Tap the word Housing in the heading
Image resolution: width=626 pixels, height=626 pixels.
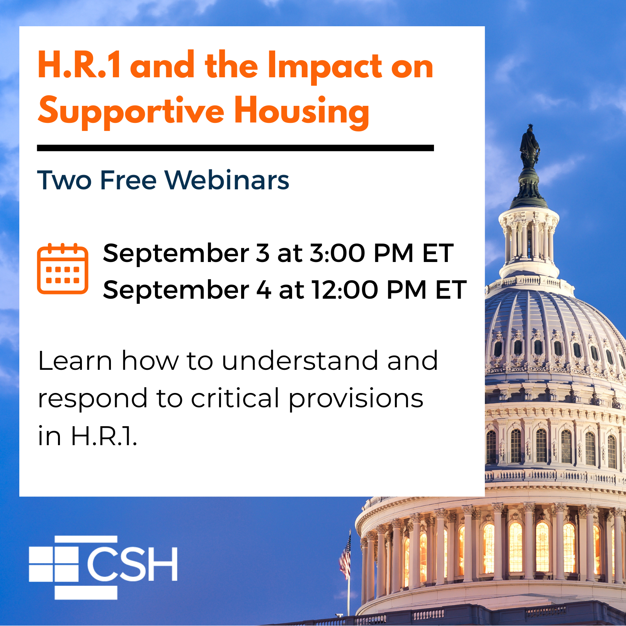pos(302,111)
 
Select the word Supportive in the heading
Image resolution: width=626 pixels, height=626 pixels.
pos(131,111)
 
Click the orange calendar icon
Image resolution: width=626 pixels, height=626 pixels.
pos(63,269)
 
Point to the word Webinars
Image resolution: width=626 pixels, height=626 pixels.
pos(227,180)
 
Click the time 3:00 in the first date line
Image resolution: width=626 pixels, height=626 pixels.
pos(337,253)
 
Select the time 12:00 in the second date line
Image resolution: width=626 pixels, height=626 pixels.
pos(345,290)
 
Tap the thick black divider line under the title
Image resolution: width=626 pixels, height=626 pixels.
pos(235,148)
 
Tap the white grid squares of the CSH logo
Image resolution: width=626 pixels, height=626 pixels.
pos(54,567)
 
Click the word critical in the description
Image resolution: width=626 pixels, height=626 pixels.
pos(235,398)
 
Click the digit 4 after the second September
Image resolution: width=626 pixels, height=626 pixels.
pos(264,290)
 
